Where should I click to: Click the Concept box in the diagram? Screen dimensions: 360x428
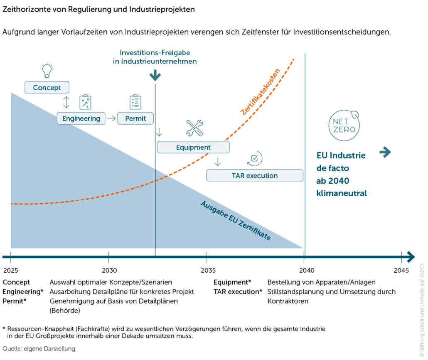tap(47, 88)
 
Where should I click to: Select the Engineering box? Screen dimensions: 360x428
tap(81, 118)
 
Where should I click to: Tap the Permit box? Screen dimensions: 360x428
tap(135, 118)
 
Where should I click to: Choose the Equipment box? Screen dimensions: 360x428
tap(193, 147)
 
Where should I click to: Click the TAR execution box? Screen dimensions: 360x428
tap(254, 175)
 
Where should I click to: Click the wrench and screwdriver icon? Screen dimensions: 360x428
tap(194, 128)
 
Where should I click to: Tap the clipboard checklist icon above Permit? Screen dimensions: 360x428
tap(135, 102)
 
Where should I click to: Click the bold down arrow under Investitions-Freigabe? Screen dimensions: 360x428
tap(155, 75)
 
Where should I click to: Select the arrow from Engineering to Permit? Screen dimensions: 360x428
tap(111, 118)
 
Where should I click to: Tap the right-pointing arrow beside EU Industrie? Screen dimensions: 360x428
tap(385, 153)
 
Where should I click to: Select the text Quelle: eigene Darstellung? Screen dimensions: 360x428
tap(39, 348)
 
